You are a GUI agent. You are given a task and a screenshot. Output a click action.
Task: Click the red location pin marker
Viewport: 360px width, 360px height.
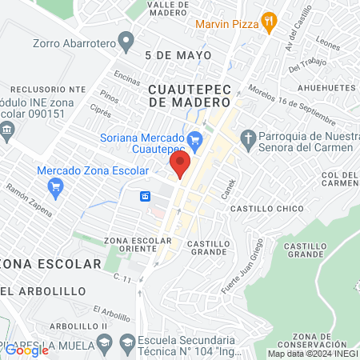tap(180, 166)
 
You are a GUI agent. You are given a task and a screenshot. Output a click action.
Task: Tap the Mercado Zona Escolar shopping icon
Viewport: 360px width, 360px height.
tap(55, 189)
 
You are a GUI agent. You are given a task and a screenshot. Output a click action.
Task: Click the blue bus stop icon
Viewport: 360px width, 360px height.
tap(146, 196)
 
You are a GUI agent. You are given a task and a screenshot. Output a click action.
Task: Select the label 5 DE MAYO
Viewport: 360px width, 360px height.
tap(178, 55)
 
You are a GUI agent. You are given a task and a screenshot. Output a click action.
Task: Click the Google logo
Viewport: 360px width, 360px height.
tap(26, 350)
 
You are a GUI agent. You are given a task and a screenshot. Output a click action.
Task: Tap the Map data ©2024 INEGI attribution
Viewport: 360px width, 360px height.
tap(311, 354)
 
